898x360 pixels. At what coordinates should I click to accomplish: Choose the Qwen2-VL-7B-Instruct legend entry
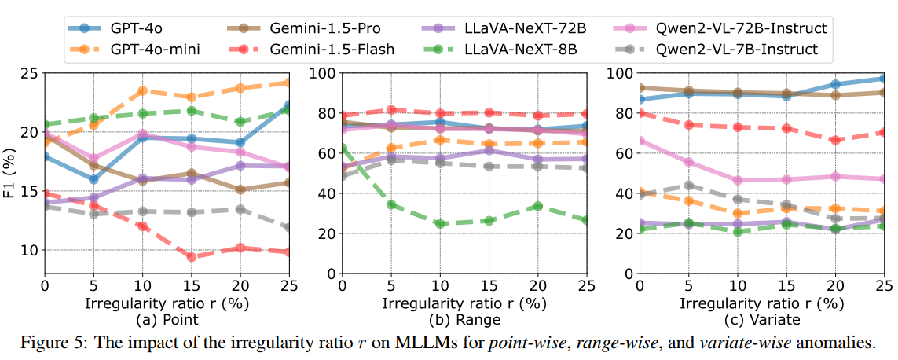742,49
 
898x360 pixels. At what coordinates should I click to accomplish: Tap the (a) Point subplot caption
167,320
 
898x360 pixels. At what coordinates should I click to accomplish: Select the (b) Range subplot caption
464,320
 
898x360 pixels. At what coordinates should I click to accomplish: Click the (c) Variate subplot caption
762,320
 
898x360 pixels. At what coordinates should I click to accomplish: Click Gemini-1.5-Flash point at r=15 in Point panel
191,256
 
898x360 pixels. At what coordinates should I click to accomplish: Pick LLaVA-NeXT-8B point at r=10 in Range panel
440,224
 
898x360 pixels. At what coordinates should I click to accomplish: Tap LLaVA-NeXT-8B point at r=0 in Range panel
343,149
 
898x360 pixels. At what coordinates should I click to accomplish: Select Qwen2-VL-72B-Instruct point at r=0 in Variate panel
640,141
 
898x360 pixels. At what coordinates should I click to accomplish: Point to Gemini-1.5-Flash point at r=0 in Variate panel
640,113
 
